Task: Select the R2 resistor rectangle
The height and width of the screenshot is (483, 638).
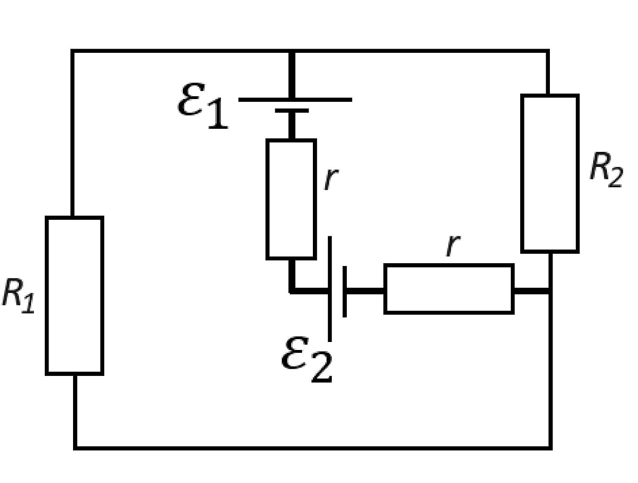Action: [521, 174]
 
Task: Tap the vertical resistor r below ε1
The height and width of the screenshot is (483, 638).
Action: [267, 199]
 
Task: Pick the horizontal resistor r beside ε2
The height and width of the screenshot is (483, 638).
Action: [449, 265]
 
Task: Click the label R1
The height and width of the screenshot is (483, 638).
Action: [18, 296]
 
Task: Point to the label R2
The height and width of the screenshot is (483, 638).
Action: [606, 170]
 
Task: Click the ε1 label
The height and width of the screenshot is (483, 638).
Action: [203, 106]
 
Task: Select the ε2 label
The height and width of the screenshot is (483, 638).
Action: [307, 359]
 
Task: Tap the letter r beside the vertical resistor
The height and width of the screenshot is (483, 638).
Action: [331, 178]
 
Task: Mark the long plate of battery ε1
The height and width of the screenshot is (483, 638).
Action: [295, 100]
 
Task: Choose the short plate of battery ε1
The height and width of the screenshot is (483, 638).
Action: [292, 110]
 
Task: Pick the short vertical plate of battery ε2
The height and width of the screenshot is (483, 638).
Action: [345, 291]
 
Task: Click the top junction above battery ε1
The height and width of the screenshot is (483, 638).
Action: [292, 51]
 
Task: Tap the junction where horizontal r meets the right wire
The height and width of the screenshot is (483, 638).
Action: [550, 291]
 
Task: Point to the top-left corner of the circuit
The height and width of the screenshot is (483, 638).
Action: [73, 51]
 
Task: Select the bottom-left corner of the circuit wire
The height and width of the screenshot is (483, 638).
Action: [75, 449]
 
